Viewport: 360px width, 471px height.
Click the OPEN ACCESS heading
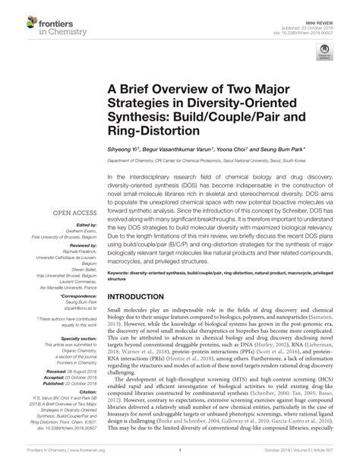click(x=72, y=213)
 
